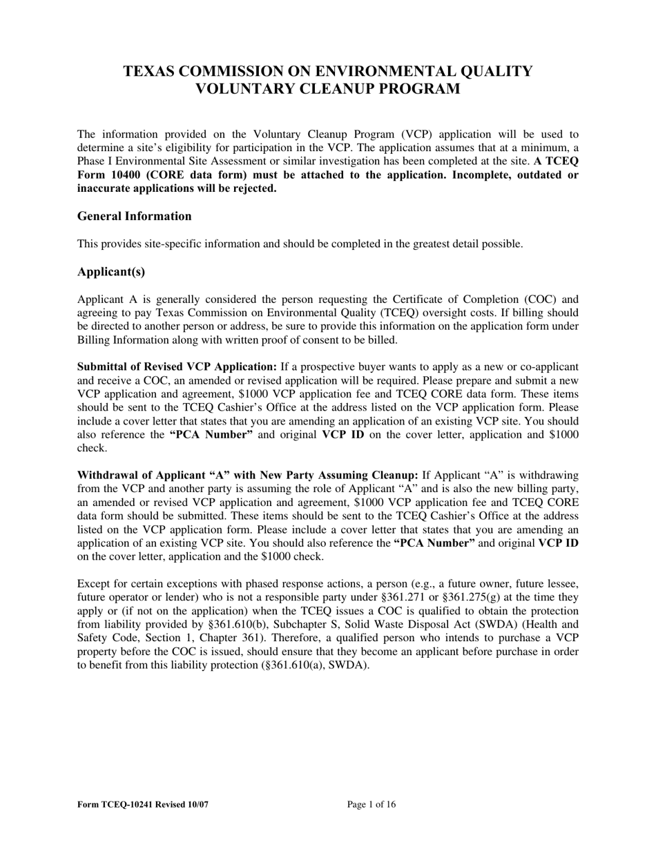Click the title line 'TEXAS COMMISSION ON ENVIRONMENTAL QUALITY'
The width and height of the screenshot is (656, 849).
coord(327,72)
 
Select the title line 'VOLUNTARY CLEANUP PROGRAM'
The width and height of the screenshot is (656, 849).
coord(327,89)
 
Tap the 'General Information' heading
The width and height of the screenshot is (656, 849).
coord(135,216)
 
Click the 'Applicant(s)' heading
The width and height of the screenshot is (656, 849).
coord(111,271)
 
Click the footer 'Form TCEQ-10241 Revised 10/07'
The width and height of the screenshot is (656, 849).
coord(143,804)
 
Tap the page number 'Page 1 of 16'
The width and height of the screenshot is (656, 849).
coord(372,804)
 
